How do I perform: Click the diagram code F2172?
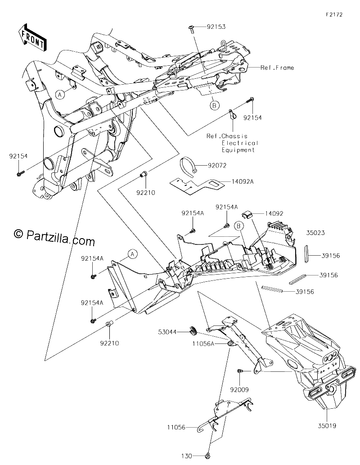pyautogui.click(x=334, y=14)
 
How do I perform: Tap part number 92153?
pyautogui.click(x=216, y=27)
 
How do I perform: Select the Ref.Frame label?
pyautogui.click(x=277, y=68)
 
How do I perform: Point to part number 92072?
pyautogui.click(x=217, y=166)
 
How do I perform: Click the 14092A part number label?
pyautogui.click(x=242, y=181)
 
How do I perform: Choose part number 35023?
pyautogui.click(x=315, y=233)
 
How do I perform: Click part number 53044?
pyautogui.click(x=167, y=332)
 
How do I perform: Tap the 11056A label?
pyautogui.click(x=203, y=344)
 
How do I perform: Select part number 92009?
pyautogui.click(x=239, y=390)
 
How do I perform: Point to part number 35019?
pyautogui.click(x=327, y=426)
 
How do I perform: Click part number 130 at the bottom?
pyautogui.click(x=186, y=456)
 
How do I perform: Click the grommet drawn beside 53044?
pyautogui.click(x=193, y=330)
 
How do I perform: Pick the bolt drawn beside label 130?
pyautogui.click(x=208, y=455)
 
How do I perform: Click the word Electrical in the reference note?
pyautogui.click(x=240, y=143)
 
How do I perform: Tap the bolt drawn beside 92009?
pyautogui.click(x=240, y=371)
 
